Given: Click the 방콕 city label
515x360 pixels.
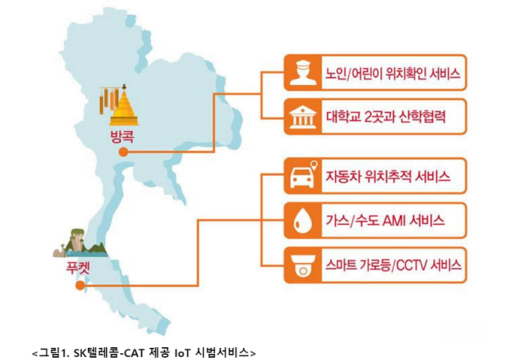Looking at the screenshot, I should tap(120, 137).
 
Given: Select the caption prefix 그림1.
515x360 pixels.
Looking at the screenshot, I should tap(55, 352).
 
